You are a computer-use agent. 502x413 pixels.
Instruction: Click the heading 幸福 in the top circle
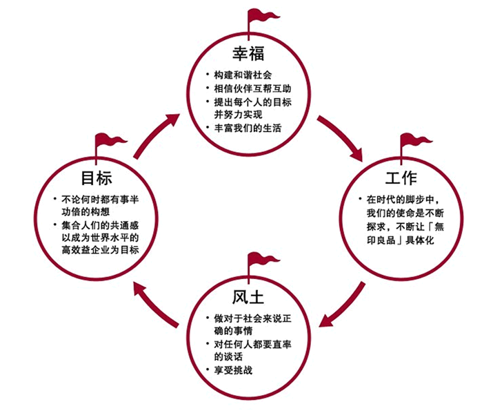tap(248, 54)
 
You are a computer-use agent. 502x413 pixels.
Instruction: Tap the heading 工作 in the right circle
tap(401, 178)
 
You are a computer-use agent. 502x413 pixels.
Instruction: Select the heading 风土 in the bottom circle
tap(248, 298)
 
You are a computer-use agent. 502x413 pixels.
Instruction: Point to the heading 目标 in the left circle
tap(96, 178)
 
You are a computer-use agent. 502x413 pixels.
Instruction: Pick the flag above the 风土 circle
tap(261, 264)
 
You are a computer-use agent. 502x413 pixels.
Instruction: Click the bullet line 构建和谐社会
tap(243, 75)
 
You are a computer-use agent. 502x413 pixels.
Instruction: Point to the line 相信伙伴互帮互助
tap(252, 88)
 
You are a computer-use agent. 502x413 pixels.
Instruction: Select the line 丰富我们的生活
tap(248, 128)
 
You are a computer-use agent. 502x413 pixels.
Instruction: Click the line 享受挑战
tap(233, 370)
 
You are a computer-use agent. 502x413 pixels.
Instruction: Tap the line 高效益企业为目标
tap(100, 250)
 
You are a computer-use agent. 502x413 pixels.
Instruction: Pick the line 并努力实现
tap(238, 115)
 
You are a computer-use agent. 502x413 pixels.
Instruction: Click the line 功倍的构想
tap(86, 212)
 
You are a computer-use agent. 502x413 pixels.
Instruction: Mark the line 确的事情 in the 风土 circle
tap(233, 331)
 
